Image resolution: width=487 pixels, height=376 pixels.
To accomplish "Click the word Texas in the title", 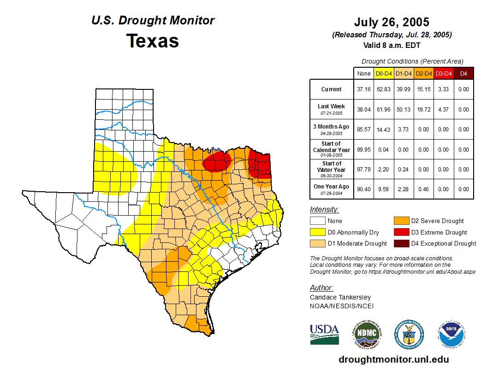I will point(153,41).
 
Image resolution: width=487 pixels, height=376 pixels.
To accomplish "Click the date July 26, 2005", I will point(392,22).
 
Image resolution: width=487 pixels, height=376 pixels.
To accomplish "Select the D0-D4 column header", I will point(384,73).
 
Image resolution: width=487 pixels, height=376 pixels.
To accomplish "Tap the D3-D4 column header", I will point(444,73).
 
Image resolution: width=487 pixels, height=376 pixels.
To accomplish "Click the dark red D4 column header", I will point(463,73).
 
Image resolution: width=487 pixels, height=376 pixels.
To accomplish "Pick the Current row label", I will point(332,89).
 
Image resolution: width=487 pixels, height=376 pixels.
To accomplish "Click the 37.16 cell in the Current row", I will point(364,89).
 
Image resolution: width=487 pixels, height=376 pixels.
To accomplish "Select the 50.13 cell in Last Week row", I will point(404,110).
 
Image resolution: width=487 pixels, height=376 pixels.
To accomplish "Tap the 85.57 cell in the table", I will point(364,129).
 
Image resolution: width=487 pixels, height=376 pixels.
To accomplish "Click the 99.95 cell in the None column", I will point(364,149).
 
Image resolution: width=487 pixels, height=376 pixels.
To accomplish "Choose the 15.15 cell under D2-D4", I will point(423,89).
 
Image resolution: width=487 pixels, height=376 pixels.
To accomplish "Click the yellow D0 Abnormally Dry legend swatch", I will point(317,232).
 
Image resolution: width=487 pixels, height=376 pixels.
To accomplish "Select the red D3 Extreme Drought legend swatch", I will point(400,232).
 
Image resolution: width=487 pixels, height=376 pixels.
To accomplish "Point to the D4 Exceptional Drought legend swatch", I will point(400,243).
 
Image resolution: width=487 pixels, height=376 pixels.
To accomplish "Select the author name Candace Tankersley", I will point(340,297).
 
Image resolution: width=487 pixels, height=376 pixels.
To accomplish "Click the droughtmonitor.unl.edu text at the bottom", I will point(393,359).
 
